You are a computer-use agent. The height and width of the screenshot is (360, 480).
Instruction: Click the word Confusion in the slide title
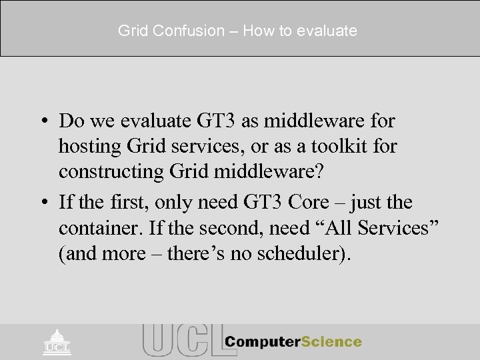click(179, 31)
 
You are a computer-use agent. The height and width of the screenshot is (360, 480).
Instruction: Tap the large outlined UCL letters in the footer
click(180, 341)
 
